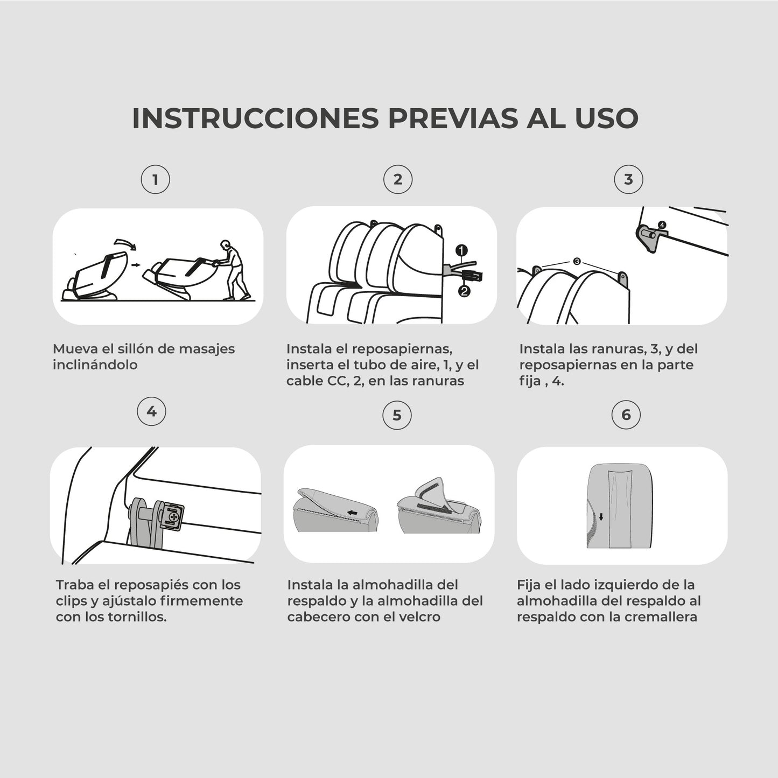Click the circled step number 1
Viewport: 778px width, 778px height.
pyautogui.click(x=155, y=180)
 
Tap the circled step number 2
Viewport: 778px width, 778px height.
pyautogui.click(x=398, y=180)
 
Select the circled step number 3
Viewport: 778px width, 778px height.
pyautogui.click(x=628, y=180)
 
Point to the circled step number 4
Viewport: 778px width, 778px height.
pyautogui.click(x=152, y=412)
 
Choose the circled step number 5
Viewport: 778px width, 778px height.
pyautogui.click(x=397, y=415)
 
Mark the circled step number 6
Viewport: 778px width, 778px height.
pyautogui.click(x=626, y=415)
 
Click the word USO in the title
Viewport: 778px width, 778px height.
pyautogui.click(x=606, y=118)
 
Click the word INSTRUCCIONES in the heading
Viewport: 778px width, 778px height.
pyautogui.click(x=255, y=118)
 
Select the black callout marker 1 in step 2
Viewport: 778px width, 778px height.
pyautogui.click(x=461, y=250)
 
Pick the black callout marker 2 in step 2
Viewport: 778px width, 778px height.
pyautogui.click(x=464, y=291)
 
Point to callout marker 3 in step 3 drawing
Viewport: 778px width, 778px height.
pyautogui.click(x=577, y=261)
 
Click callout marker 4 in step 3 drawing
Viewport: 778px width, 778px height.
pyautogui.click(x=662, y=225)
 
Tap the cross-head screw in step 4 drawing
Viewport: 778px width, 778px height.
pyautogui.click(x=173, y=517)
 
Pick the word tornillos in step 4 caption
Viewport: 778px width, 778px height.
pyautogui.click(x=136, y=617)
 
